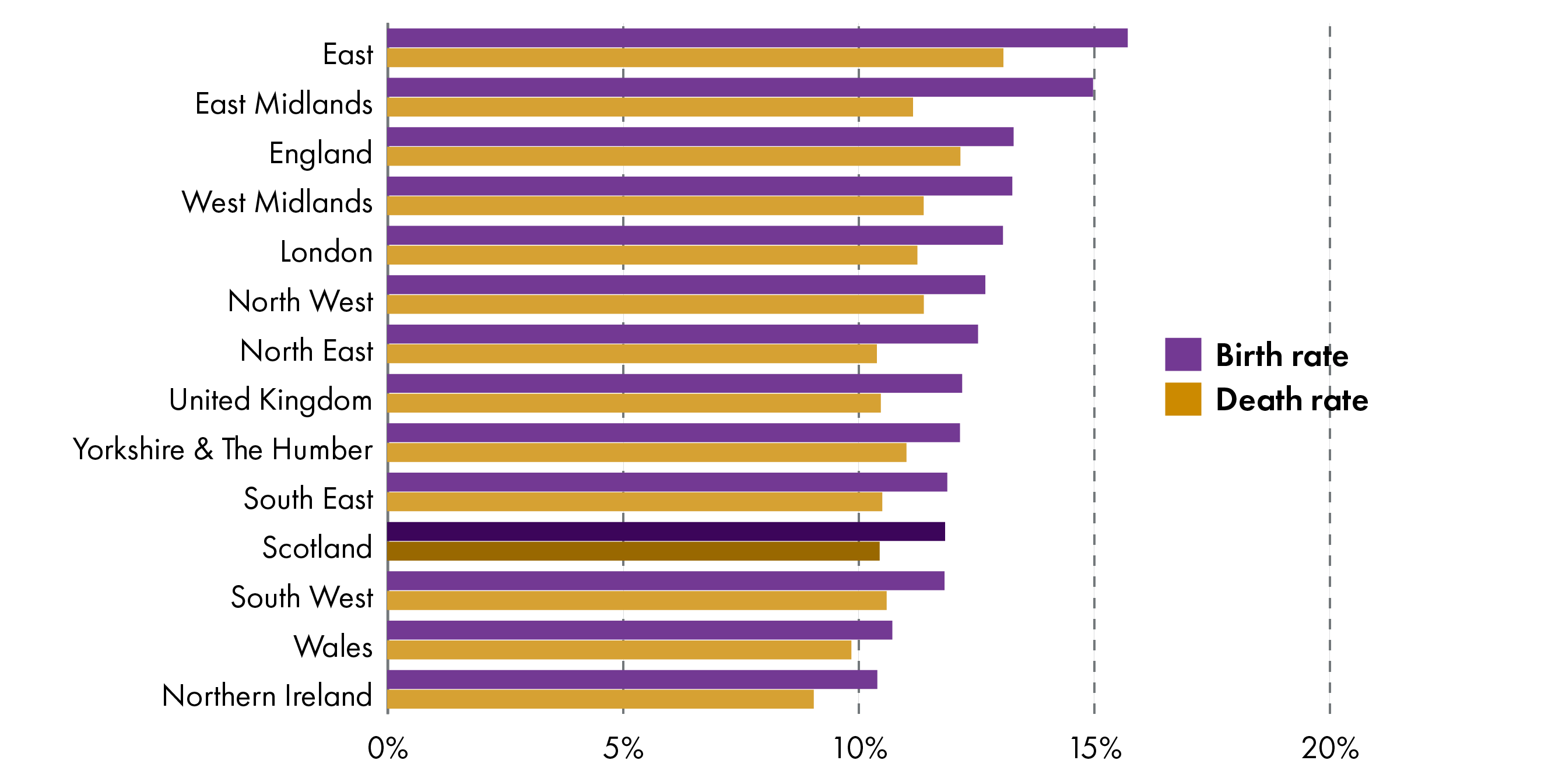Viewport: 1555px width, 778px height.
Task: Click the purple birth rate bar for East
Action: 757,38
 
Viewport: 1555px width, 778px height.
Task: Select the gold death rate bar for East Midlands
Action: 650,107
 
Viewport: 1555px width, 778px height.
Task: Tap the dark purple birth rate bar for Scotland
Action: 666,531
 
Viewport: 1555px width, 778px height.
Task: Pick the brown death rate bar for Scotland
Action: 633,551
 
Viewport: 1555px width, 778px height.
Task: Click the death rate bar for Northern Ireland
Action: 600,699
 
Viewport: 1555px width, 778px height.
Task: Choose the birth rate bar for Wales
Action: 639,630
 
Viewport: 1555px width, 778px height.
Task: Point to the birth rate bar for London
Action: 695,235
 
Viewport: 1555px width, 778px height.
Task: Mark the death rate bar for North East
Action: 632,354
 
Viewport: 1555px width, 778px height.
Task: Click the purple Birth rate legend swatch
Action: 1182,354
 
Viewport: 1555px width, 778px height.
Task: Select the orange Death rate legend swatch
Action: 1182,399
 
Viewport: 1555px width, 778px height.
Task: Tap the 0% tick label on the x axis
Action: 388,748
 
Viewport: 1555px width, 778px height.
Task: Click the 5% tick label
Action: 623,748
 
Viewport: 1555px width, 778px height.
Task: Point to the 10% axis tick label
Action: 859,748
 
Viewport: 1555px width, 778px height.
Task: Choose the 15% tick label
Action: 1095,748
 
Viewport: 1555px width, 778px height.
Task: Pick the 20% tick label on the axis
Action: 1330,748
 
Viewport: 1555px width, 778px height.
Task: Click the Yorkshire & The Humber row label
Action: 222,450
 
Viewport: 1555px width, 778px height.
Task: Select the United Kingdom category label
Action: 271,400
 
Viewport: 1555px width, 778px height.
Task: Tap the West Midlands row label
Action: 277,202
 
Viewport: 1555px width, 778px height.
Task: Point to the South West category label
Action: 302,597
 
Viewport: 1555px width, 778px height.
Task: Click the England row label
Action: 321,153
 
